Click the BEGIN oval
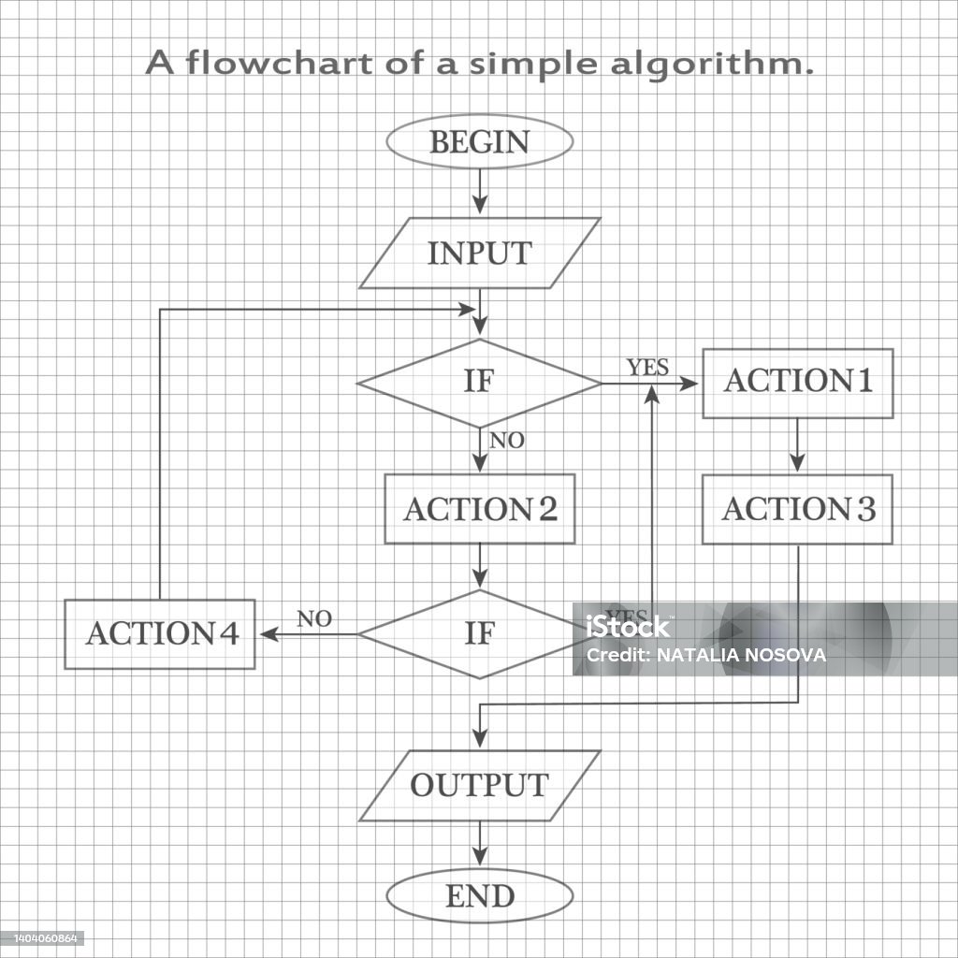[479, 142]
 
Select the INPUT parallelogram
[479, 254]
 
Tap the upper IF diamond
[479, 383]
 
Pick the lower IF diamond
[479, 634]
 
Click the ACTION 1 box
[798, 383]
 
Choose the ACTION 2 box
[479, 510]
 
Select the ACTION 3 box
[798, 510]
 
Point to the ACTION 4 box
[160, 634]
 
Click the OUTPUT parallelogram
[479, 786]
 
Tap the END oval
[479, 897]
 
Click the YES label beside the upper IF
[647, 368]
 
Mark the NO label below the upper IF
[507, 441]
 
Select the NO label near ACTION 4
[314, 618]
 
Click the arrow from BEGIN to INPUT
[479, 193]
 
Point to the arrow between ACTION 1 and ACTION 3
[797, 446]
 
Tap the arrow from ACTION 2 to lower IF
[479, 566]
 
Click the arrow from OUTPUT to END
[479, 845]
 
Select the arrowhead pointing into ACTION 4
[269, 634]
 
